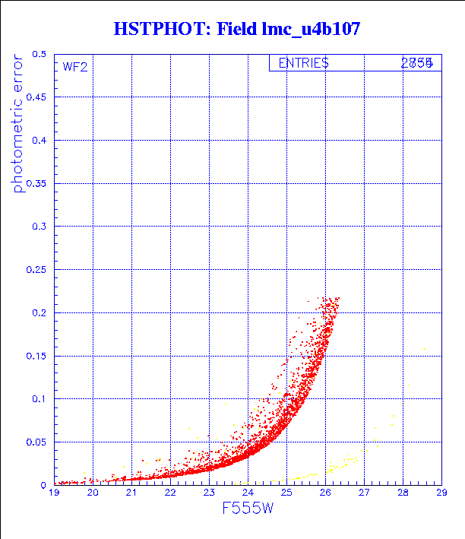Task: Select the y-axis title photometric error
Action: click(x=17, y=126)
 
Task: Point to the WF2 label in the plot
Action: click(x=75, y=67)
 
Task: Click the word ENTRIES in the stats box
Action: click(x=303, y=63)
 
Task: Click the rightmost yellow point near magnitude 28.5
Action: click(x=424, y=349)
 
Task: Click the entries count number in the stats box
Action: click(x=417, y=63)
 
